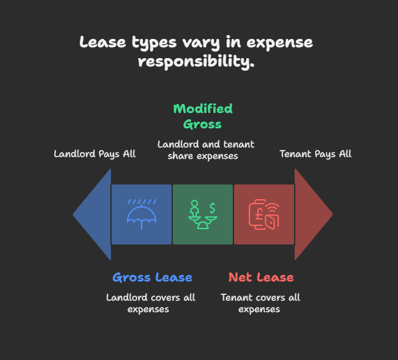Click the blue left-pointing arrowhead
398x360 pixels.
point(93,214)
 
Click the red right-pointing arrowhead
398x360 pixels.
point(313,214)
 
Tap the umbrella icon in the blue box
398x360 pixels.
point(142,214)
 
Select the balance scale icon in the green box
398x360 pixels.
point(202,215)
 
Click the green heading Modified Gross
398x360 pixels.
point(203,116)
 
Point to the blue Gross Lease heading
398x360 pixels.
point(152,278)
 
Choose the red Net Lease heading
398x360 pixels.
point(261,278)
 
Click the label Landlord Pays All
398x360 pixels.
point(94,154)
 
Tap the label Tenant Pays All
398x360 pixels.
point(316,154)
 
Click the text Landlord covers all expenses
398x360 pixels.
point(151,303)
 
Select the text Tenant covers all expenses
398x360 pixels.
point(260,303)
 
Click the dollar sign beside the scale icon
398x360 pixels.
point(212,206)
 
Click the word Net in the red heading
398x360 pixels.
point(239,278)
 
